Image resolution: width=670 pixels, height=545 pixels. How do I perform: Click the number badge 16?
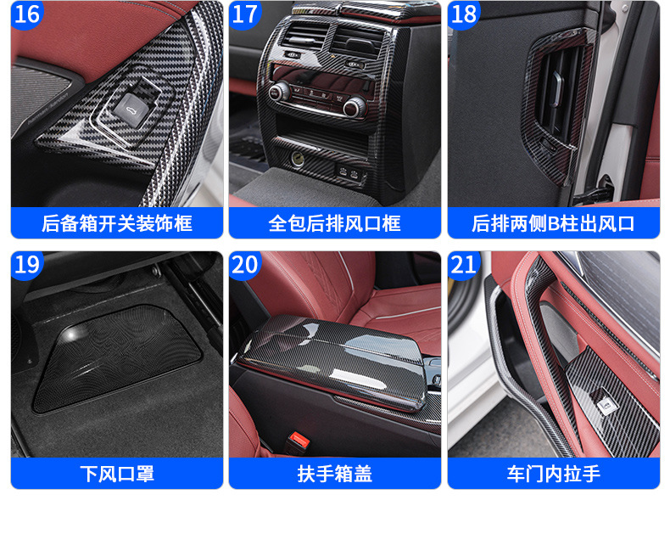coord(26,14)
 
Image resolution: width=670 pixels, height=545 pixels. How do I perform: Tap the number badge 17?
coord(244,14)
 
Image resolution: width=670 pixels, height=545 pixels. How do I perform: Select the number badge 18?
coord(463,14)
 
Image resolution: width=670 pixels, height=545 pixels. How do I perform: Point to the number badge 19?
coord(26,264)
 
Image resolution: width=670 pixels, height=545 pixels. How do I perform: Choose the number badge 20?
coord(244,264)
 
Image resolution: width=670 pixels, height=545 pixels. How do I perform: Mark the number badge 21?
coord(463,264)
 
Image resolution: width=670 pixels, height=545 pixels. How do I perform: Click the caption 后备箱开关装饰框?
coord(117,223)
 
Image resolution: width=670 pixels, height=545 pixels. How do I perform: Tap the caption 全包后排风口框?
coord(334,223)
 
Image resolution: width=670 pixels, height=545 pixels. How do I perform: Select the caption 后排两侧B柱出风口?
coord(553,223)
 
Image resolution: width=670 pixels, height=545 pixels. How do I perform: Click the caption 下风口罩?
coord(117,474)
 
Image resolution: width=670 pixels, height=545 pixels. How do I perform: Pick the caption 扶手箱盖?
coord(334,474)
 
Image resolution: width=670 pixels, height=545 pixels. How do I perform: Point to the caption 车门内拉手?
coord(553,474)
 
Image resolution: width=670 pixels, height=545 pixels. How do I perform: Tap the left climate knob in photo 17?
coord(279,91)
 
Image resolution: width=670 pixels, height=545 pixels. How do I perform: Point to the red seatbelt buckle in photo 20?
coord(299,440)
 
